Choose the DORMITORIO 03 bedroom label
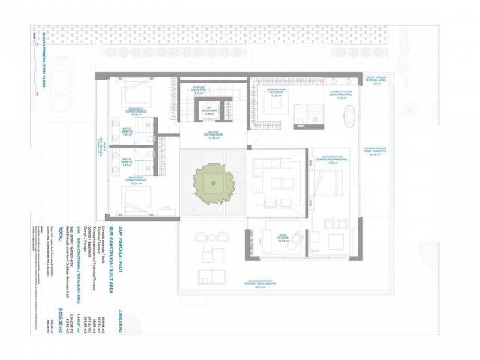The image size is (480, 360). (136, 182)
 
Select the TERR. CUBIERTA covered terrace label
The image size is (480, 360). (376, 155)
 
